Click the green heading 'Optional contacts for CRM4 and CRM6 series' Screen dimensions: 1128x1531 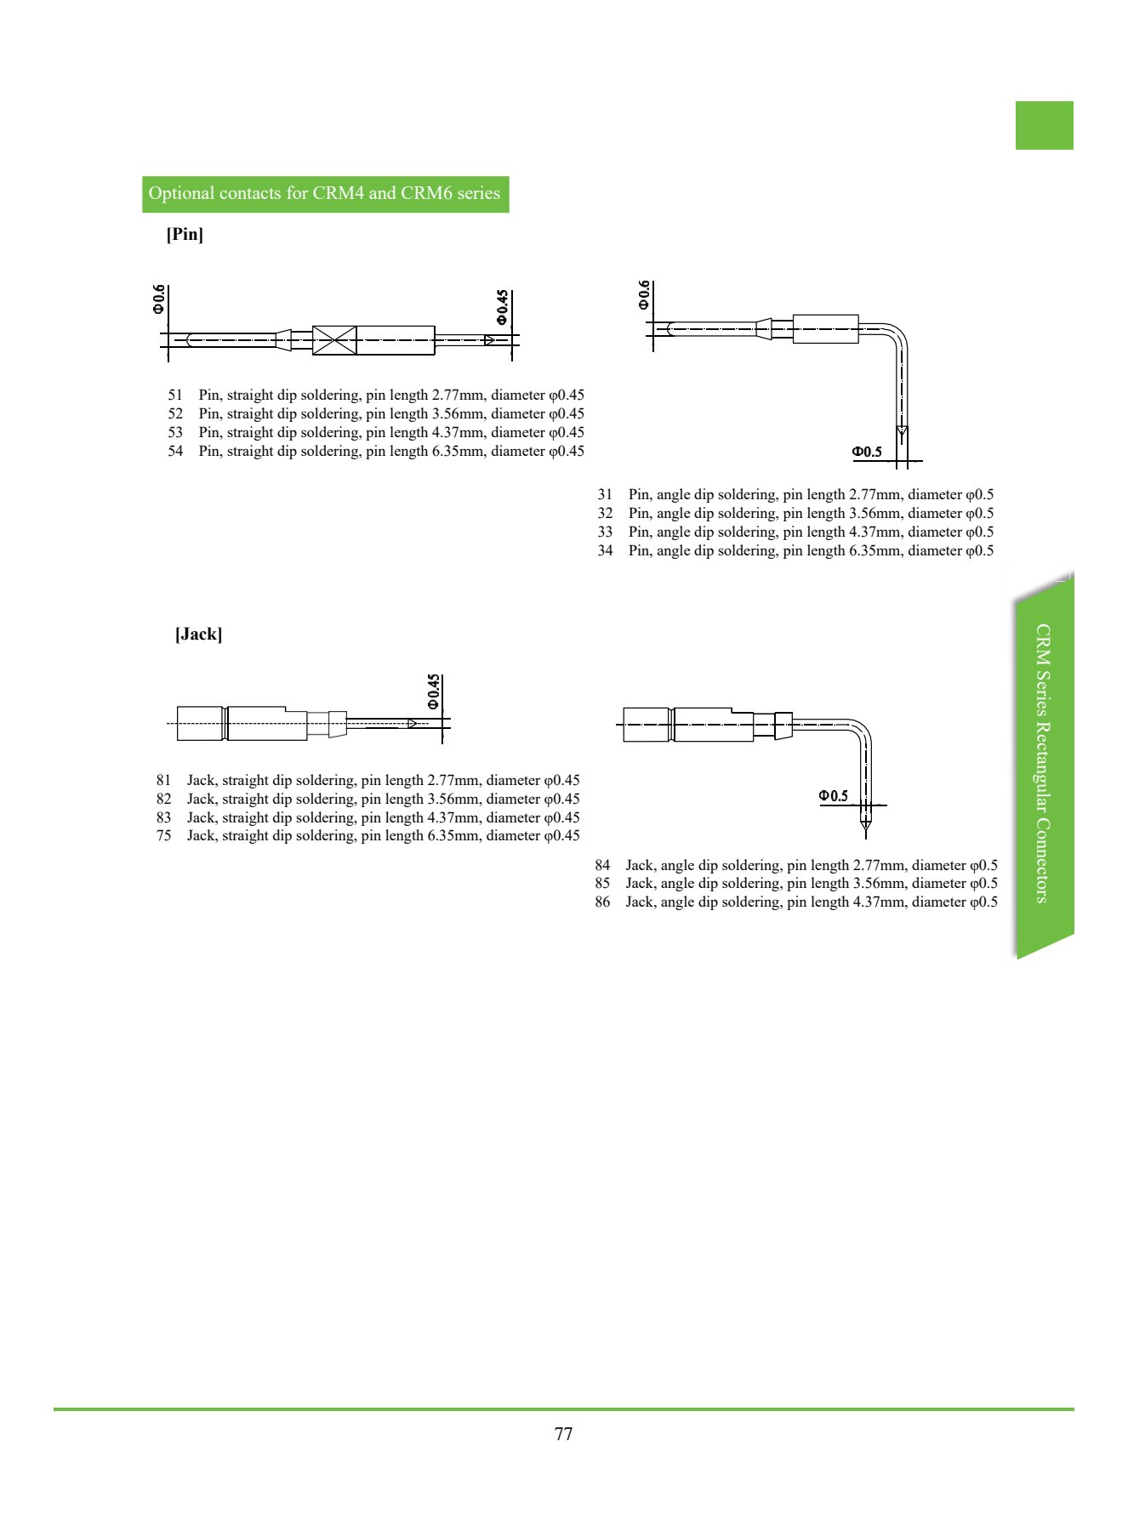[324, 194]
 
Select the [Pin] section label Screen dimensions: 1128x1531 [185, 234]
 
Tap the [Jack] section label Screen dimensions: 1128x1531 [198, 634]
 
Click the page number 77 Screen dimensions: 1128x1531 [563, 1434]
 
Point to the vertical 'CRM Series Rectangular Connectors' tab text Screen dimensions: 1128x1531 [1043, 763]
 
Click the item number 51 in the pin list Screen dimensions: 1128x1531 [175, 395]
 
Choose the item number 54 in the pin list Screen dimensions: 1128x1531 [175, 451]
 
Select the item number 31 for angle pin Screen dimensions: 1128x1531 [605, 494]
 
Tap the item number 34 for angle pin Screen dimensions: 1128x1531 [605, 550]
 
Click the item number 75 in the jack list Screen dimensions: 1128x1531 [163, 835]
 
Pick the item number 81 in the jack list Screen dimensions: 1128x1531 [163, 780]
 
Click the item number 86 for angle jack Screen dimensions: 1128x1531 [602, 902]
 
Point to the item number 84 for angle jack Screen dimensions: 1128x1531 [602, 865]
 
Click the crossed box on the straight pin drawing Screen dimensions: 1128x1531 [334, 340]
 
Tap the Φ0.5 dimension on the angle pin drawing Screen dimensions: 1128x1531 [868, 452]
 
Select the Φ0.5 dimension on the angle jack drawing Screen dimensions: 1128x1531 [834, 796]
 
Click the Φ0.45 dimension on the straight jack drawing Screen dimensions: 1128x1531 [434, 692]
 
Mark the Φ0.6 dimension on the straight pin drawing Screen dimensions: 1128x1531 [159, 299]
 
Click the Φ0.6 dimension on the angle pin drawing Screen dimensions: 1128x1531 [644, 294]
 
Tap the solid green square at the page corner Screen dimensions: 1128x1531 [1045, 125]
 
